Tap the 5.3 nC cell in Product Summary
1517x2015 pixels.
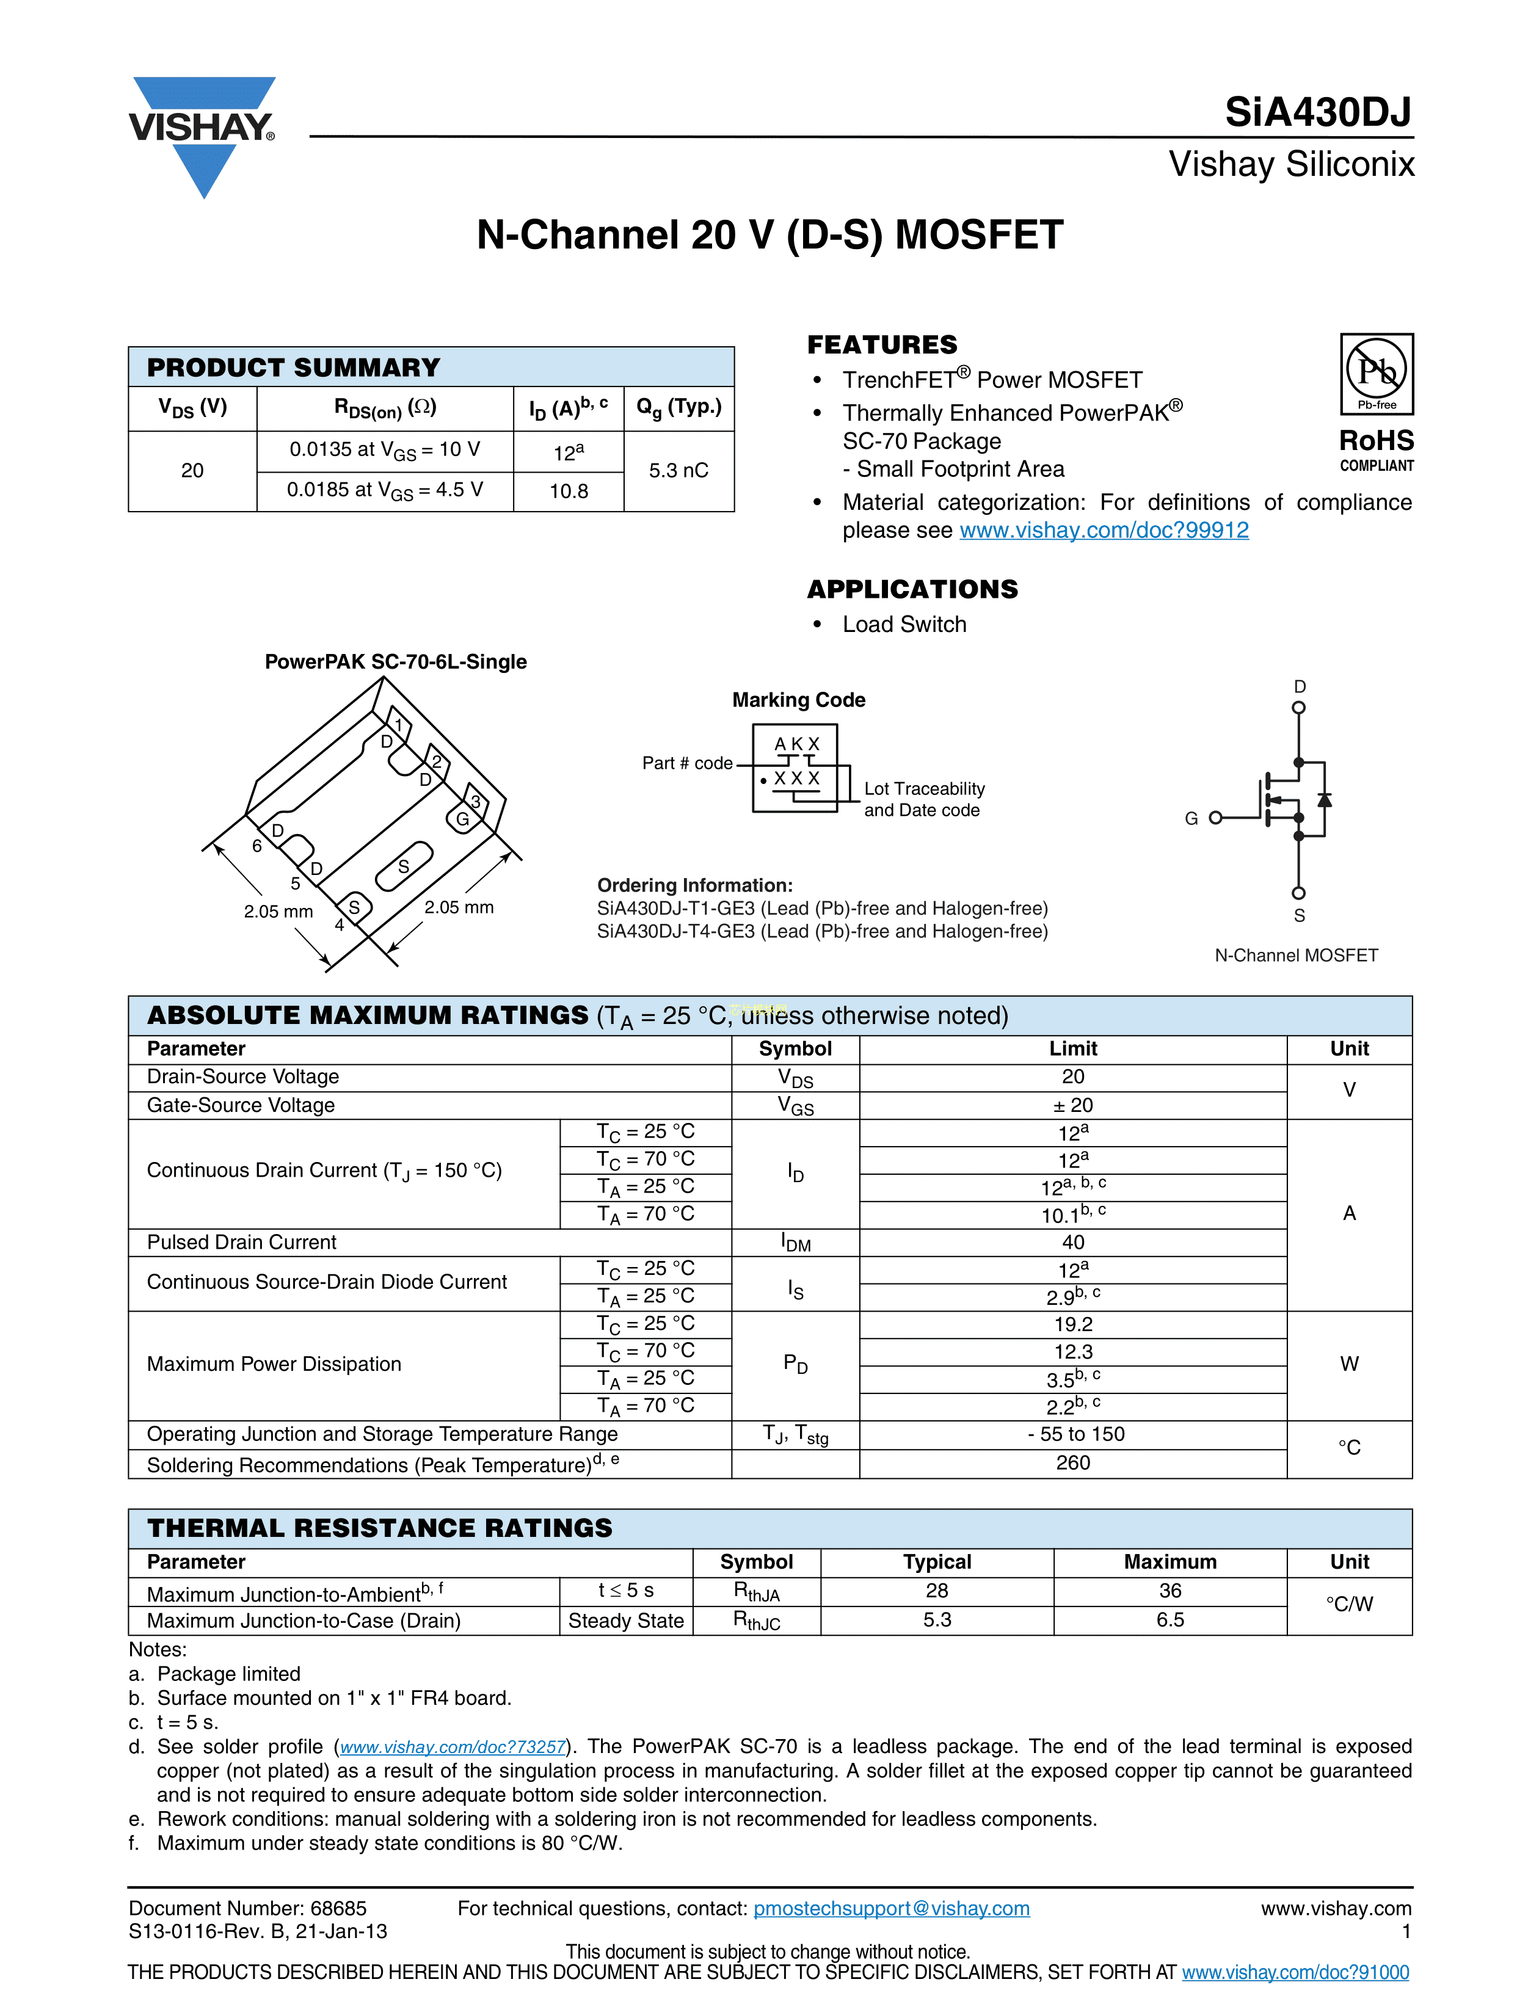[x=678, y=470]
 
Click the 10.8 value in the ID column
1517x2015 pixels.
[x=569, y=491]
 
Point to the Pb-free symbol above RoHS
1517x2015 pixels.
[x=1376, y=374]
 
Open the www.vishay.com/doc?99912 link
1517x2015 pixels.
[x=1104, y=530]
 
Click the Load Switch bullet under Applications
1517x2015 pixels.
[x=904, y=624]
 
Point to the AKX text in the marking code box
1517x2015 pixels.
[x=796, y=743]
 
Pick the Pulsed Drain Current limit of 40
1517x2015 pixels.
[x=1072, y=1241]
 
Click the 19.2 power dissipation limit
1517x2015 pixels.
[x=1072, y=1324]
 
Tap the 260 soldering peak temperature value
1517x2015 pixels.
[x=1072, y=1462]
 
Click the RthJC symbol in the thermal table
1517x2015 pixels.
[x=756, y=1621]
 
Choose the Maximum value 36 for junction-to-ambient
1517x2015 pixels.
[x=1170, y=1591]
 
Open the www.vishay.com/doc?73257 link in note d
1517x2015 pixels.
[x=453, y=1746]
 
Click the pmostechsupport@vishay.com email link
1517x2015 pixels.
[x=891, y=1908]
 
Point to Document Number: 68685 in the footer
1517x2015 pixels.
[x=248, y=1908]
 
